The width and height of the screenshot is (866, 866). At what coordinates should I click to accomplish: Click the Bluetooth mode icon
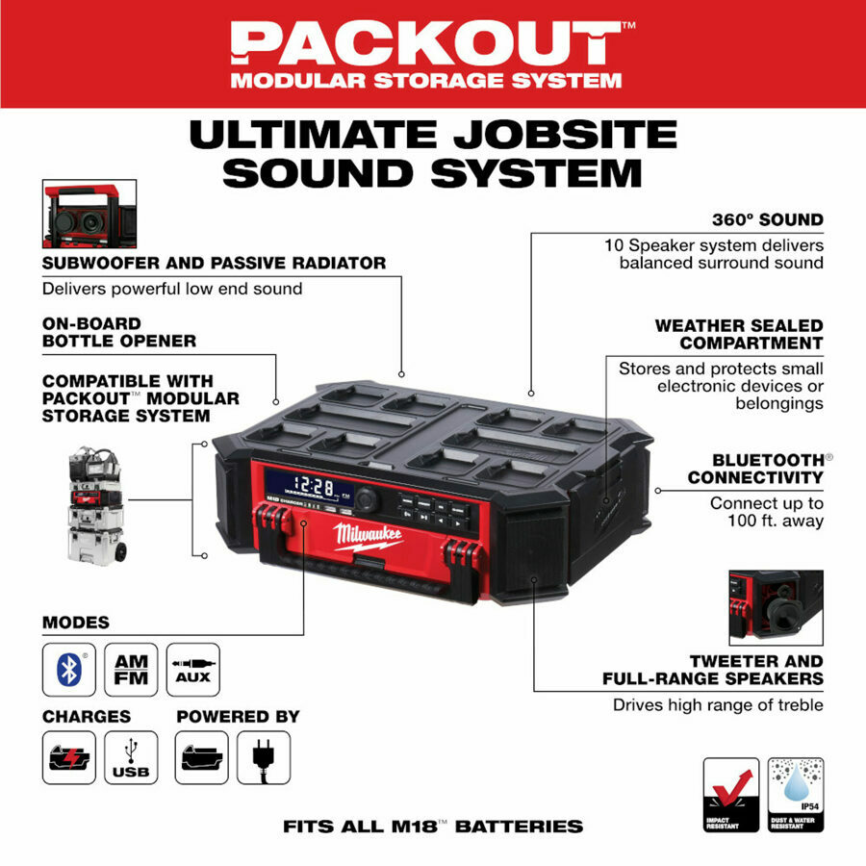pos(68,670)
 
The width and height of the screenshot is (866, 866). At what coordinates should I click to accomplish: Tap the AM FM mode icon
pos(131,670)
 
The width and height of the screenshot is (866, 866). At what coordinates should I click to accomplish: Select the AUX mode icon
pos(192,670)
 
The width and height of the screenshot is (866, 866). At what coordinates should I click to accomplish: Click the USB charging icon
pos(131,757)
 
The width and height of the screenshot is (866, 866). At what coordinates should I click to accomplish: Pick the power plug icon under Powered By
pos(258,757)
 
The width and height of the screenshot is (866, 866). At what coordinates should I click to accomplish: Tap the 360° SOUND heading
pos(767,219)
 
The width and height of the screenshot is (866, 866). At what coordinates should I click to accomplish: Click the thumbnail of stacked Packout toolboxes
pos(96,504)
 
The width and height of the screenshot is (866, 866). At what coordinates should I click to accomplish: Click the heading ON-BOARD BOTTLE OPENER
pos(119,332)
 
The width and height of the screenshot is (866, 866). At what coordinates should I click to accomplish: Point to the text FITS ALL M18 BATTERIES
pos(433,826)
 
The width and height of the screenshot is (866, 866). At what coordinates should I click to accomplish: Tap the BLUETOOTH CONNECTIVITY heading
pos(755,469)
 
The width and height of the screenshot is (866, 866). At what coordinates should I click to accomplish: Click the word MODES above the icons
pos(76,623)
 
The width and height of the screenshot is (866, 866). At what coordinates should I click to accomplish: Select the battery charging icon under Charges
pos(68,757)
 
